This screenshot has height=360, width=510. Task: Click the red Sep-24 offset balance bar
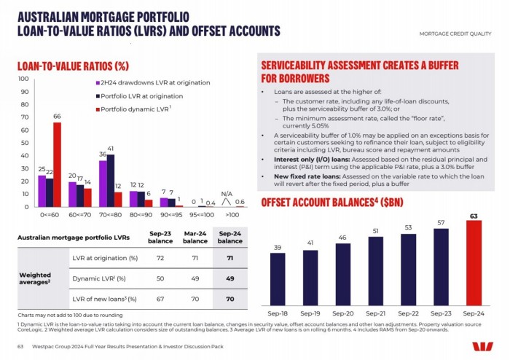474,259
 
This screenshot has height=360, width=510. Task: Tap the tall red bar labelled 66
57,164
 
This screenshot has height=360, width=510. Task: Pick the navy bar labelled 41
111,180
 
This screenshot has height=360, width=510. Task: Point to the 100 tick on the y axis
23,79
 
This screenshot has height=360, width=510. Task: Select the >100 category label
233,216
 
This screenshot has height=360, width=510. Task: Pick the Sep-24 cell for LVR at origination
229,259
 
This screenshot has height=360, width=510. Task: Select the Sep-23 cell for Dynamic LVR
160,278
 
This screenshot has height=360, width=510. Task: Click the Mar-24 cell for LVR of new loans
195,299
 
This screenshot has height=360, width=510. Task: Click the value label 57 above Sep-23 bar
442,222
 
